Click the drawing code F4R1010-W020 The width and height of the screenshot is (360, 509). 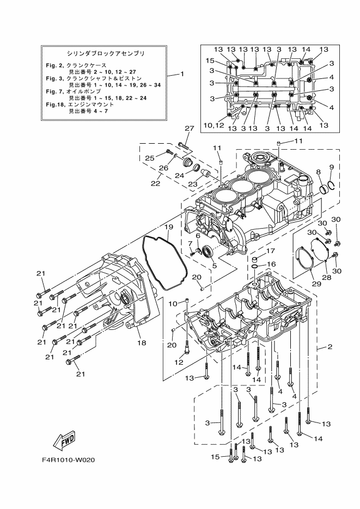(68, 460)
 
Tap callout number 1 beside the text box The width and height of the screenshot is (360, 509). (182, 74)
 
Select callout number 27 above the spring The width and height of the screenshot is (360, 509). (189, 128)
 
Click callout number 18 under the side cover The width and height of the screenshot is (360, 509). (142, 343)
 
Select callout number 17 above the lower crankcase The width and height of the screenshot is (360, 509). (271, 252)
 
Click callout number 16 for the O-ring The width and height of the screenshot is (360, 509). (271, 264)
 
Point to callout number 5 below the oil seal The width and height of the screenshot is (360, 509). (214, 266)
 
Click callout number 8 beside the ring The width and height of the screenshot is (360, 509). (318, 172)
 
